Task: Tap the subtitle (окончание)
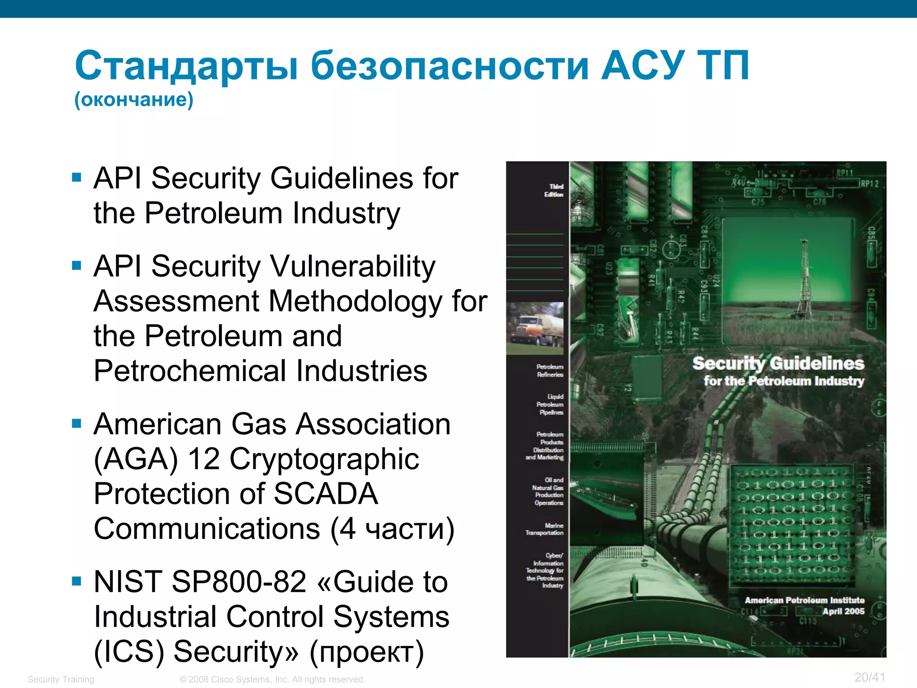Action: (134, 99)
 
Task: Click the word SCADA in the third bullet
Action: (326, 494)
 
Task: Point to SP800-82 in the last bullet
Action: (239, 582)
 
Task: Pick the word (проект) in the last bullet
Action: (367, 652)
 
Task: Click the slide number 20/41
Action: (870, 677)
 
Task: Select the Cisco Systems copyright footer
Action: (272, 679)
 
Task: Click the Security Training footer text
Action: (61, 679)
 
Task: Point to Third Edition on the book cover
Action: (554, 190)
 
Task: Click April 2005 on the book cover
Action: (843, 611)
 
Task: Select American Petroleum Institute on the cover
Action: (804, 600)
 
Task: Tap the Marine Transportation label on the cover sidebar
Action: (545, 529)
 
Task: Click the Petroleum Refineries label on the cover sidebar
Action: (550, 370)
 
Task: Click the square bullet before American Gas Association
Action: (77, 423)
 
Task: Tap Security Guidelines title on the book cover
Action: (778, 364)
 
